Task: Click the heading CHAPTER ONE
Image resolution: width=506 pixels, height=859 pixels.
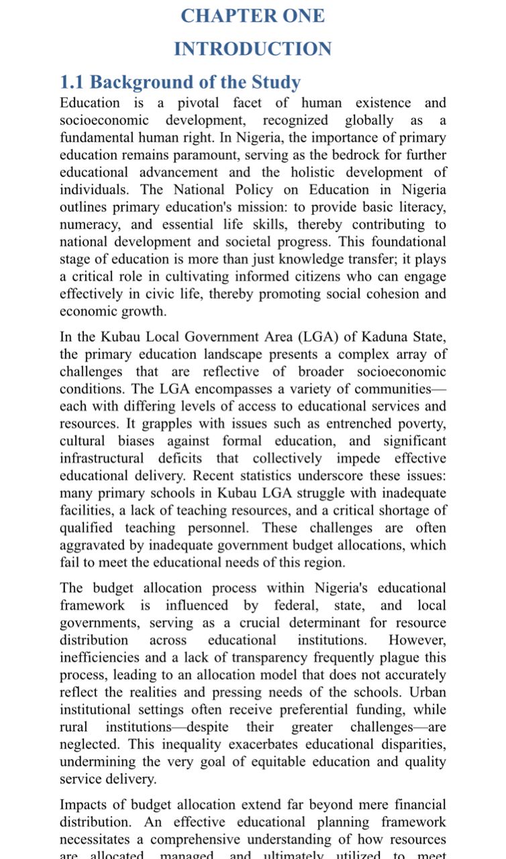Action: (252, 16)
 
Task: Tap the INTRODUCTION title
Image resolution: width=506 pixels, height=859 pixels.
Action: (252, 49)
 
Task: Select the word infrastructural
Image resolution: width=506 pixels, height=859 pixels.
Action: (101, 458)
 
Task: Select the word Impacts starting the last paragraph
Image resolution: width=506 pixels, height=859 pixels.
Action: (85, 805)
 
